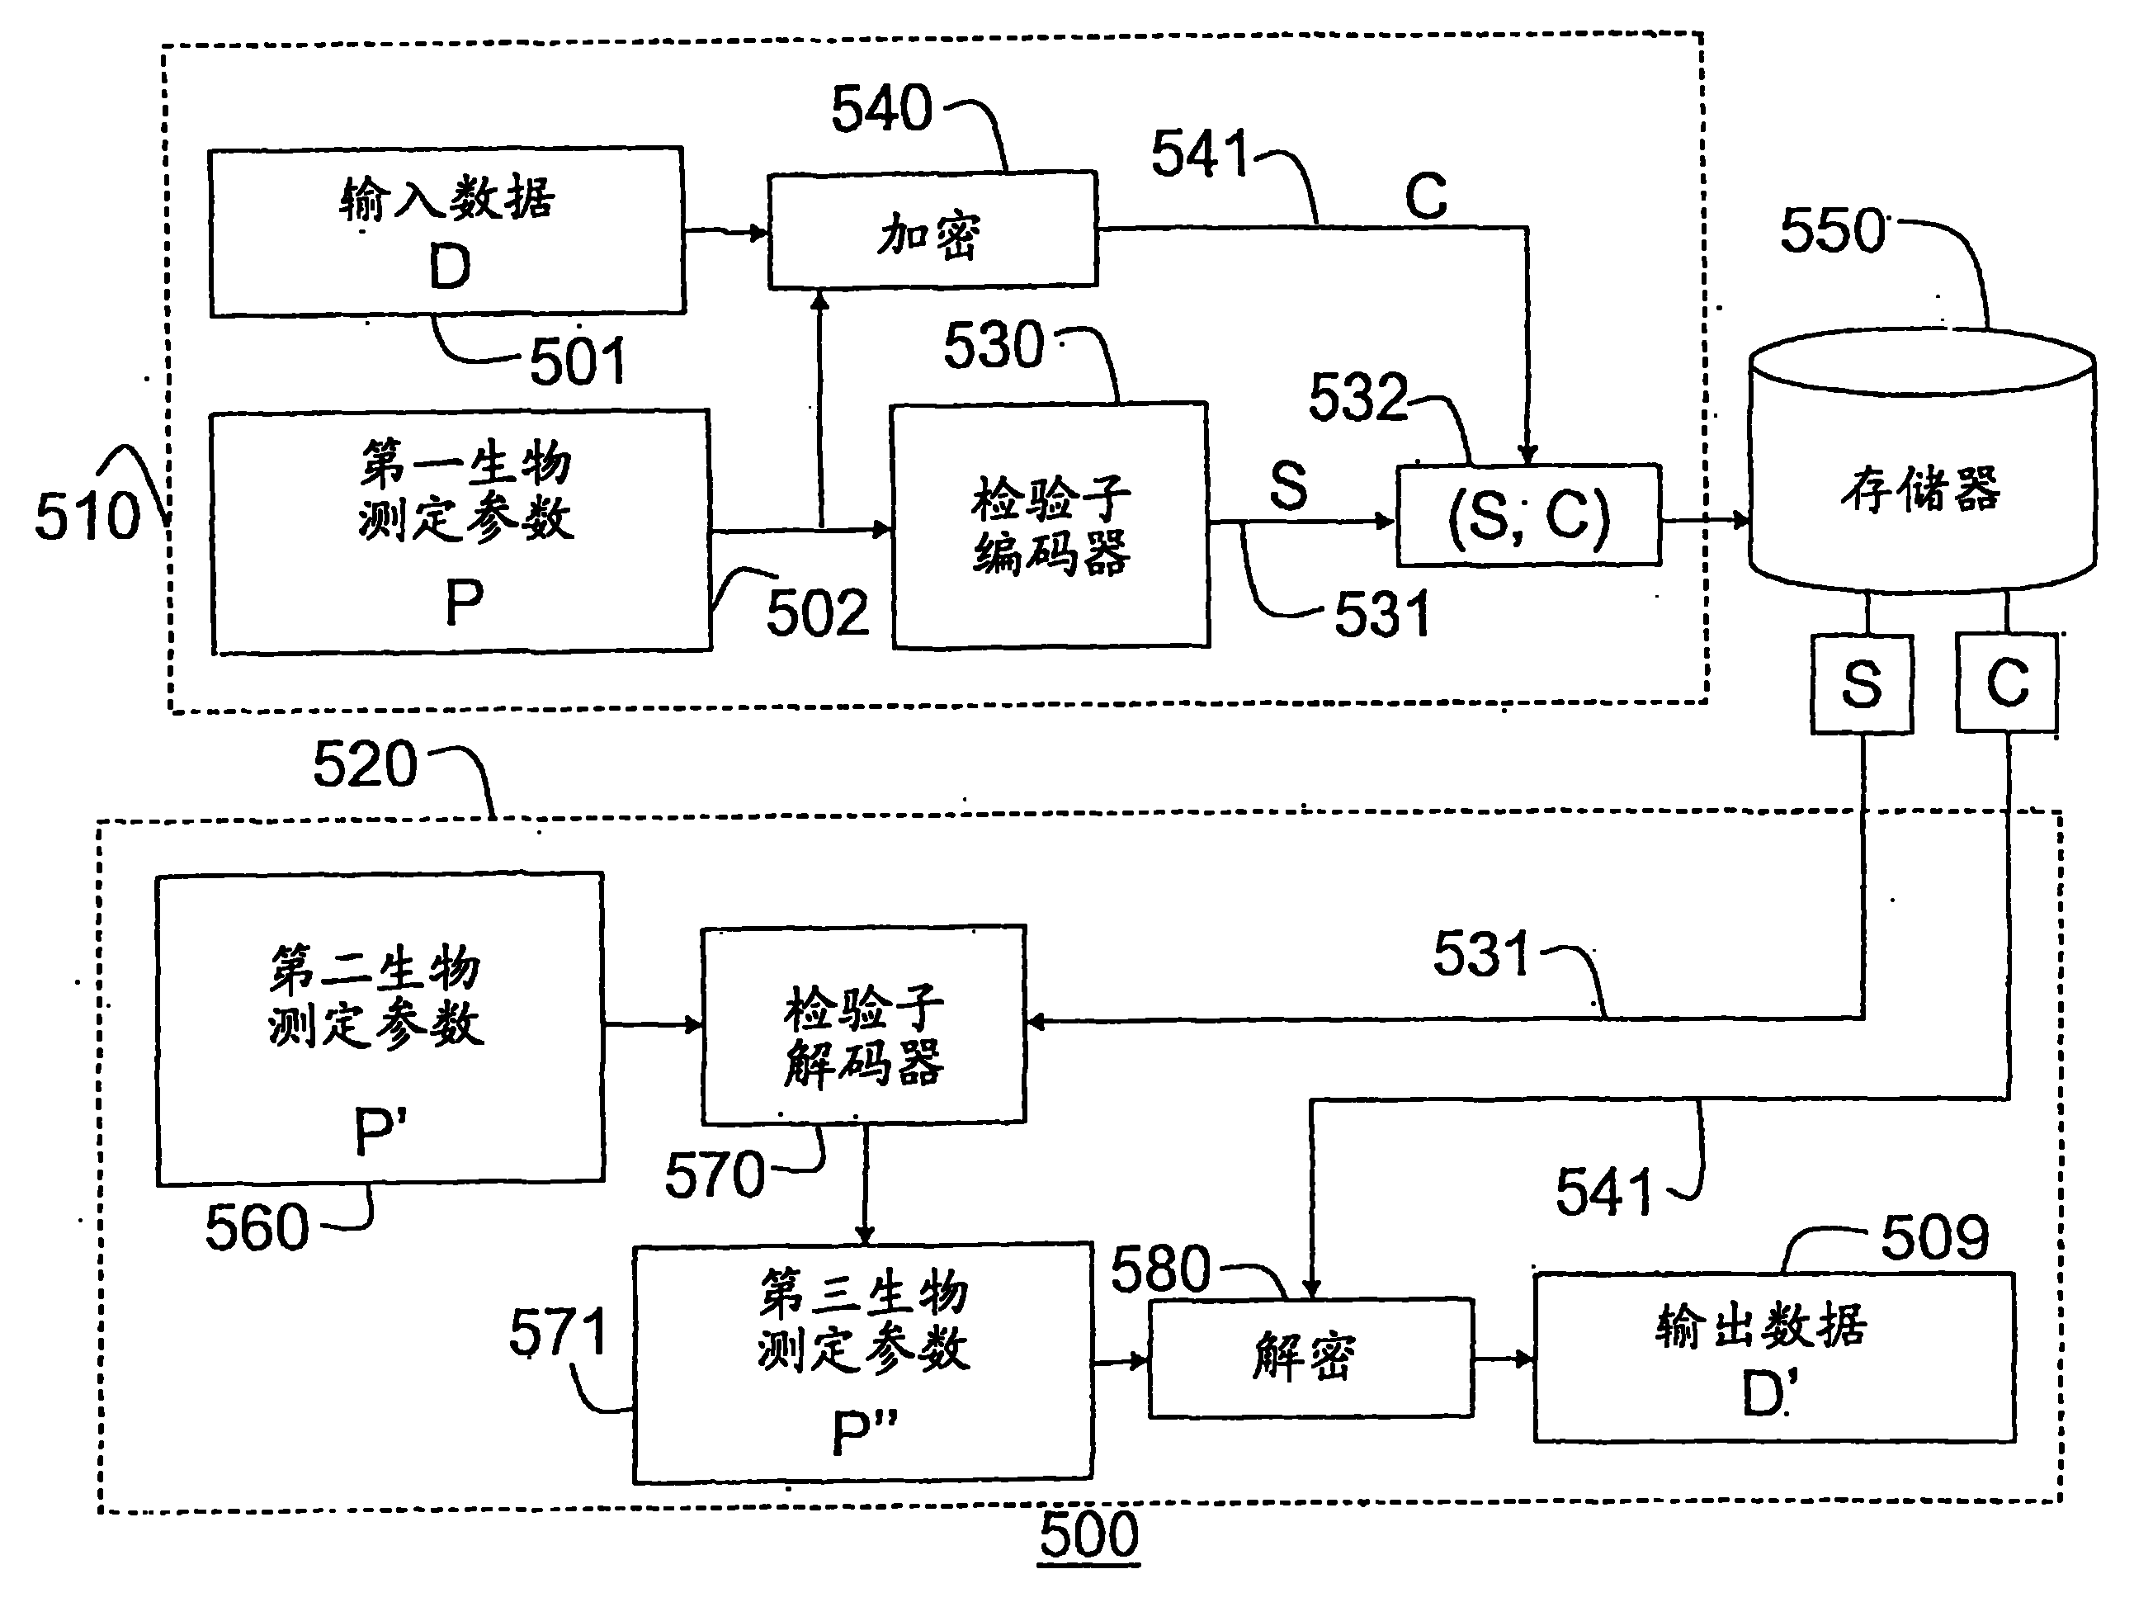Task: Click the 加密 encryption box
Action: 932,229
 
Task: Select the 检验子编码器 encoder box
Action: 1050,525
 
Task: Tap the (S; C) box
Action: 1529,514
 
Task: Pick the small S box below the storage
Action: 1862,683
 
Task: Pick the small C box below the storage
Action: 2008,682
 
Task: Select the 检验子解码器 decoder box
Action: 863,1025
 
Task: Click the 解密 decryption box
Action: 1311,1358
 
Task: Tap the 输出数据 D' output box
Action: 1775,1358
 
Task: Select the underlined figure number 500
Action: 1089,1534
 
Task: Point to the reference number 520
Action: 365,764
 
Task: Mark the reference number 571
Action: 559,1332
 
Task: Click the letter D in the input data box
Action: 450,267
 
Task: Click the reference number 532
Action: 1358,397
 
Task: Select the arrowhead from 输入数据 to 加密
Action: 758,232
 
